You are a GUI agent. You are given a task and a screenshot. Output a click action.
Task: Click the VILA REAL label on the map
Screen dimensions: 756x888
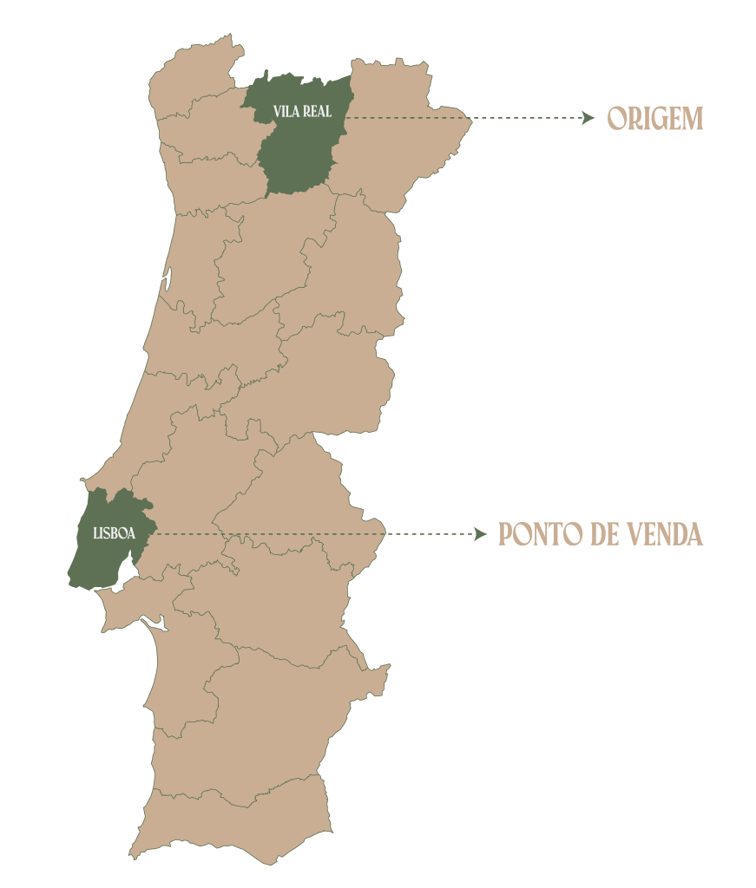[x=302, y=112]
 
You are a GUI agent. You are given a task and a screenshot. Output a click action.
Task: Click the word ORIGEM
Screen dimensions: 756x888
[x=654, y=119]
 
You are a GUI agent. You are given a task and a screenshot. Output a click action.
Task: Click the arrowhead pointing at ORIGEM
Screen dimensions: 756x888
[x=589, y=118]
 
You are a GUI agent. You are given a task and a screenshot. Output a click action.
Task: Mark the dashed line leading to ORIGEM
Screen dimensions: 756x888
[x=469, y=118]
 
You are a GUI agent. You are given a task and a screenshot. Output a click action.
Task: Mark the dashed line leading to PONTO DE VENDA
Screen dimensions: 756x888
[x=312, y=534]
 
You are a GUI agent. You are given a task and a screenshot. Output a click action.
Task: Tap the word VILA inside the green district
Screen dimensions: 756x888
[x=285, y=112]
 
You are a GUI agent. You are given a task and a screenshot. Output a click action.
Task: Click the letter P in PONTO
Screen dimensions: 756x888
[x=505, y=534]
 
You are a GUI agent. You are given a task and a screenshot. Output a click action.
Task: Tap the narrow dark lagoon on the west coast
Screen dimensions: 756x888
[x=166, y=279]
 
